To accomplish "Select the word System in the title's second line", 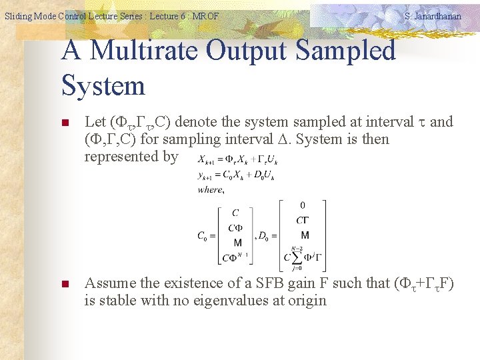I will click(x=103, y=85).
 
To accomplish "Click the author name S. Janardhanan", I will click(x=433, y=16).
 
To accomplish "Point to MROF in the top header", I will click(x=205, y=16).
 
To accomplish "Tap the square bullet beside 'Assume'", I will click(x=65, y=285).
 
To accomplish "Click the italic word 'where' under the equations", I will click(x=211, y=190).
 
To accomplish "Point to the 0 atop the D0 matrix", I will click(x=303, y=205).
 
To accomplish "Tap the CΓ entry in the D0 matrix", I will click(x=303, y=220).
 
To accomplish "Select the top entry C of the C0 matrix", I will click(x=235, y=213).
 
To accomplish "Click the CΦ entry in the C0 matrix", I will click(x=235, y=227).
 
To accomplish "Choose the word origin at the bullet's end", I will click(x=306, y=300).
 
